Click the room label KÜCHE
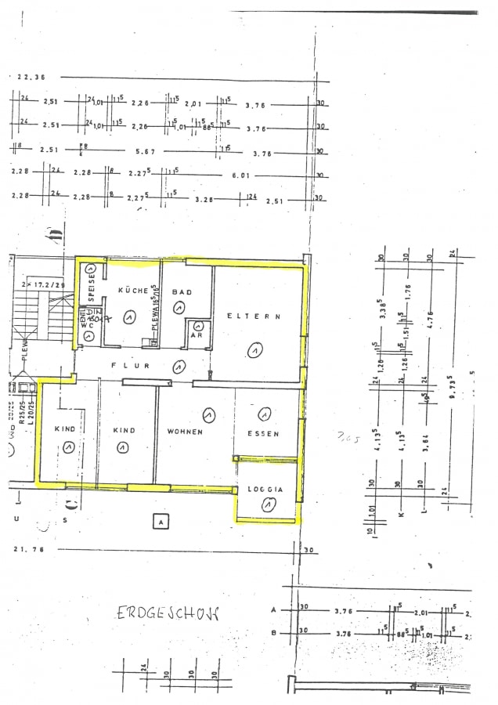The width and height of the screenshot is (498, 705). point(133,291)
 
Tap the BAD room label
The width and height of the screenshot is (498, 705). point(182,291)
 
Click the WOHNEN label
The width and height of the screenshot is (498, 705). point(185,432)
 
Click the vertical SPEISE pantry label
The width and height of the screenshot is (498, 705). point(92,287)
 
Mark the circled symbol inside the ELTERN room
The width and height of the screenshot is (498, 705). point(254,351)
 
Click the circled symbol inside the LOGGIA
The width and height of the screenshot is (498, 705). point(268,506)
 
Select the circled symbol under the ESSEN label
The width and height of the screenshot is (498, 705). point(265,414)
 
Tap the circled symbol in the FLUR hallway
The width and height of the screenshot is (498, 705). point(179,366)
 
